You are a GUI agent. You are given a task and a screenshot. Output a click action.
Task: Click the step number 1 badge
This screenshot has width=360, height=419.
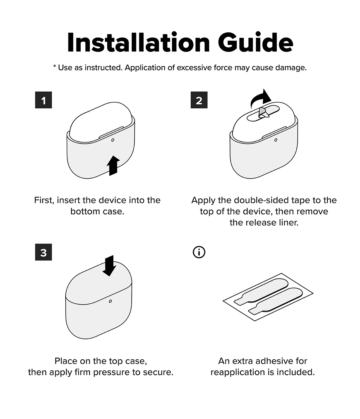(x=43, y=100)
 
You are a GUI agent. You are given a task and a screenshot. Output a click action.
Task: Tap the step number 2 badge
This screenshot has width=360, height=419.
(x=199, y=100)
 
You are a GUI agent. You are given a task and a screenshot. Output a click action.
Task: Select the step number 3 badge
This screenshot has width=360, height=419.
(x=43, y=252)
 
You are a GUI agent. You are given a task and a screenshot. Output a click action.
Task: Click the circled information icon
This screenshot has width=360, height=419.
(x=199, y=252)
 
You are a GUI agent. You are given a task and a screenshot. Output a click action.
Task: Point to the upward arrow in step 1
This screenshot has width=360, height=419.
(x=113, y=166)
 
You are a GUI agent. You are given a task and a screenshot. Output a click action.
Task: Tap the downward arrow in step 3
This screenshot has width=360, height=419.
(x=109, y=266)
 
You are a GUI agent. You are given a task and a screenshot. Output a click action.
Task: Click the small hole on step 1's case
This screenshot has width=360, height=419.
(x=113, y=140)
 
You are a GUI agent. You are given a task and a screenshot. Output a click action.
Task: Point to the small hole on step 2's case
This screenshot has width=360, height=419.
(x=275, y=140)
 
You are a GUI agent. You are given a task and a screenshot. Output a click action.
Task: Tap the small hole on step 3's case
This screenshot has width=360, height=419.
(x=110, y=301)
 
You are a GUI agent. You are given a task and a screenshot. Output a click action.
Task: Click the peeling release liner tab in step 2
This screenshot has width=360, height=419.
(x=264, y=113)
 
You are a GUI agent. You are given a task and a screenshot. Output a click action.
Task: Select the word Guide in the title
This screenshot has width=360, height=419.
(x=255, y=42)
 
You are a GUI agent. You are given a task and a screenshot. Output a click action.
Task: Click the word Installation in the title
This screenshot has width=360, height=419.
(x=138, y=42)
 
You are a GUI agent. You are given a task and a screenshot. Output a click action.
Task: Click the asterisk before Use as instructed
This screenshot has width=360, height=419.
(x=54, y=66)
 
